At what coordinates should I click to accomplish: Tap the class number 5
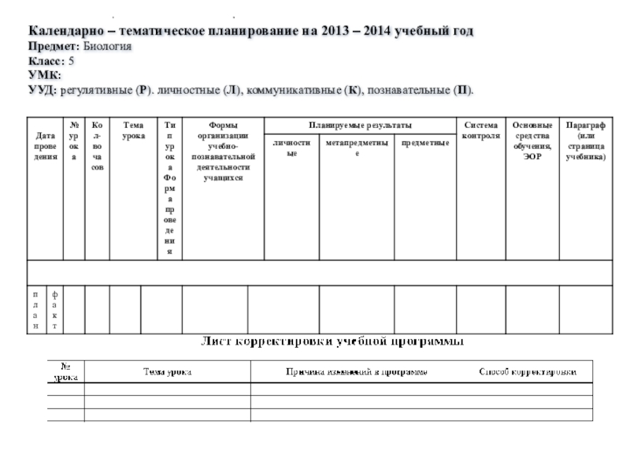click(x=72, y=61)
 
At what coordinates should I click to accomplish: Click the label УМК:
click(x=45, y=74)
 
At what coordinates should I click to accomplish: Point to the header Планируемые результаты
click(x=360, y=125)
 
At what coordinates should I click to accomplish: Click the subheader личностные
click(x=291, y=148)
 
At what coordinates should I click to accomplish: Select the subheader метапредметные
click(x=357, y=148)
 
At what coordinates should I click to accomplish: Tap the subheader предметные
click(x=424, y=143)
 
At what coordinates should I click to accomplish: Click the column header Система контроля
click(x=481, y=131)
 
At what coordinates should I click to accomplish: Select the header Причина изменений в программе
click(x=357, y=371)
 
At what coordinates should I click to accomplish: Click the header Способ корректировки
click(x=528, y=371)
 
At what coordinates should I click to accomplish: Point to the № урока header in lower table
click(x=65, y=372)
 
